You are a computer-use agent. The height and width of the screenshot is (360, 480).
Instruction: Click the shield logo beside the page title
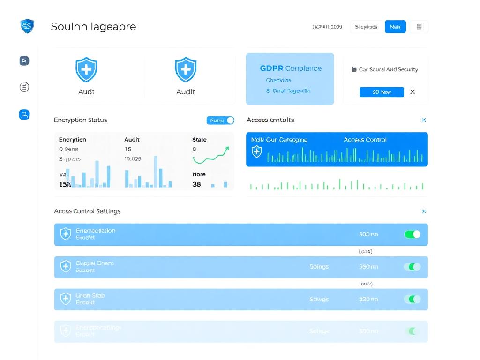[x=28, y=26]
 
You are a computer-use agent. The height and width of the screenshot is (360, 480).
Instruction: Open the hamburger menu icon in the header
[x=419, y=27]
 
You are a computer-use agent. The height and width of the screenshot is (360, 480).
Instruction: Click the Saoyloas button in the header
[x=366, y=27]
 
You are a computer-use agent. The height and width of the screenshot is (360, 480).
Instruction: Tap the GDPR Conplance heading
[x=291, y=68]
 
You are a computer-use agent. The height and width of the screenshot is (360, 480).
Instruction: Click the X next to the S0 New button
[x=412, y=92]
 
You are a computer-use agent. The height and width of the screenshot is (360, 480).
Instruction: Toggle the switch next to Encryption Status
[x=220, y=120]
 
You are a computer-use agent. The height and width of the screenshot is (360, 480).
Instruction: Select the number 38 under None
[x=197, y=184]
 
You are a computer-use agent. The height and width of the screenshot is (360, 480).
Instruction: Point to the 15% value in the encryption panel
[x=65, y=184]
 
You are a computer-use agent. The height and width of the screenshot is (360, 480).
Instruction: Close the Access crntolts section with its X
[x=424, y=120]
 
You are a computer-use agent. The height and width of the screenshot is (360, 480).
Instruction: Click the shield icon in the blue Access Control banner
[x=257, y=151]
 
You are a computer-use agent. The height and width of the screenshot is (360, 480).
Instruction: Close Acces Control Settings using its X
[x=424, y=211]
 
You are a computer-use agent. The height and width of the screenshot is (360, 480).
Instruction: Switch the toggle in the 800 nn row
[x=412, y=234]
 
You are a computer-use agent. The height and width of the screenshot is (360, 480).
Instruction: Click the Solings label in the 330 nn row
[x=319, y=267]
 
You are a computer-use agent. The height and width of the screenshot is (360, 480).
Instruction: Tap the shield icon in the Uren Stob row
[x=66, y=299]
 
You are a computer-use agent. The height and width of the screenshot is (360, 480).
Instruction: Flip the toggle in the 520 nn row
[x=412, y=299]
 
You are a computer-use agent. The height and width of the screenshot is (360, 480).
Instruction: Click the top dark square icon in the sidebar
[x=24, y=60]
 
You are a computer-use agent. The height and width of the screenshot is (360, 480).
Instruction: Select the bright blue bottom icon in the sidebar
[x=24, y=114]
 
